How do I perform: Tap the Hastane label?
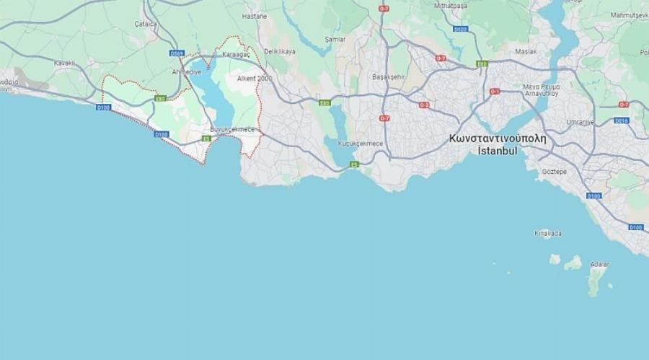pos(255,16)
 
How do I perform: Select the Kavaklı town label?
pos(64,63)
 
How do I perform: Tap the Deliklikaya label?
pos(280,52)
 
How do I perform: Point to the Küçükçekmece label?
pos(361,144)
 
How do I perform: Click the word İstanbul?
pos(498,151)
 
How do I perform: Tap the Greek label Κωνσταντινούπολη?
pos(497,138)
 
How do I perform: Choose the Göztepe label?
pos(555,172)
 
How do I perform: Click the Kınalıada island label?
pos(548,233)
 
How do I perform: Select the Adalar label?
pos(599,264)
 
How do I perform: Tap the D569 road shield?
pos(177,53)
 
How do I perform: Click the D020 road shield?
pos(461,30)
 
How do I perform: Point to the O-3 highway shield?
pos(424,105)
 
